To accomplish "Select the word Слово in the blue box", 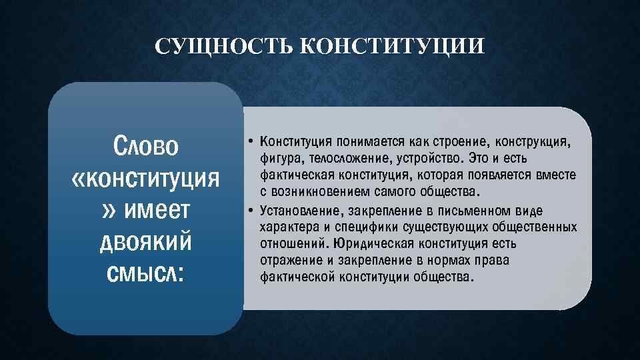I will click(x=146, y=146).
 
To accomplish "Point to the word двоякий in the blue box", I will click(x=146, y=241).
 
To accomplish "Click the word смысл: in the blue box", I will click(x=146, y=273).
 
